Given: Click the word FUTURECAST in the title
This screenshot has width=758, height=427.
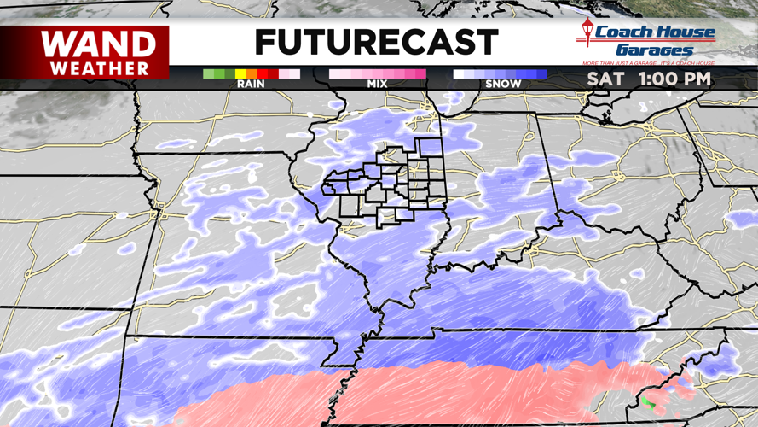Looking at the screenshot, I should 376,42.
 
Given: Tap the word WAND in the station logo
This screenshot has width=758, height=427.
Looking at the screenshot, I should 99,44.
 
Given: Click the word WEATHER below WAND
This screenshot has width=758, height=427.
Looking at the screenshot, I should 99,67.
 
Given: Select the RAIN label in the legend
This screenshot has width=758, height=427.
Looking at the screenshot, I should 252,84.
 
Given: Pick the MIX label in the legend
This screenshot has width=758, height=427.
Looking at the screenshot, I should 377,84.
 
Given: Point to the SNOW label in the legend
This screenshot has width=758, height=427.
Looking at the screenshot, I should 502,84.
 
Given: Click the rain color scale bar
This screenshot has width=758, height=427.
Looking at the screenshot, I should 252,74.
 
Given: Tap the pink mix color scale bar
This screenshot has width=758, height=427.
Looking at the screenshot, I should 377,74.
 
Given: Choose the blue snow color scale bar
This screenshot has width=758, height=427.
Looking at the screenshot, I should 501,74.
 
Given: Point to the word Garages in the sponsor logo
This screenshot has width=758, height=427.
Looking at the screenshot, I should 655,50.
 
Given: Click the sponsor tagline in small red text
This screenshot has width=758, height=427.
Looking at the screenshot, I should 648,64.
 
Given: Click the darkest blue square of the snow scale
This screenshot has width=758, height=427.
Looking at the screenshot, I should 541,74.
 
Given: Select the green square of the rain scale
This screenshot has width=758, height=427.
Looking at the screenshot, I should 209,74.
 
